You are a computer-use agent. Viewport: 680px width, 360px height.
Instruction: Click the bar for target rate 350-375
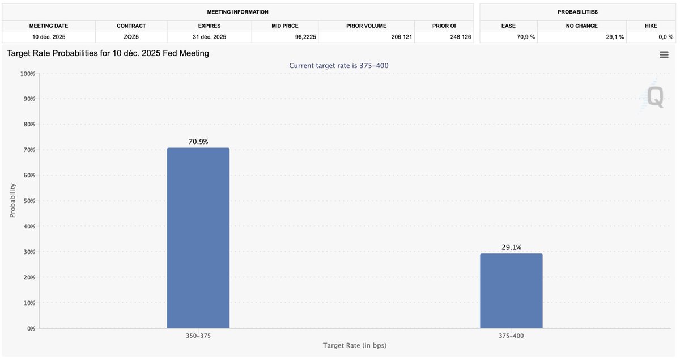coord(198,238)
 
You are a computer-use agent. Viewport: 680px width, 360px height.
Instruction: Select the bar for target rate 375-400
coord(511,291)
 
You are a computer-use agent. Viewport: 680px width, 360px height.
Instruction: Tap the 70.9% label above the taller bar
coord(198,142)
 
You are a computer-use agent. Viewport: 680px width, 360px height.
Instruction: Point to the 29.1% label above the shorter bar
coord(511,247)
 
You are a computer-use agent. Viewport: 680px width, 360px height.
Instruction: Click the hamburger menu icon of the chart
coord(664,54)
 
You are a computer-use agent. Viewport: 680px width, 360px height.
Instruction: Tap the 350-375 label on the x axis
coord(198,336)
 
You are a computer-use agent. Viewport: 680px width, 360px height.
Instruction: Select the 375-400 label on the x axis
coord(511,336)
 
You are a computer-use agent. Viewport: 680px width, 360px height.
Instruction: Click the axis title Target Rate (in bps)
coord(355,345)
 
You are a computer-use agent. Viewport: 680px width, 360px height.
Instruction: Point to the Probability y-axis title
coord(12,201)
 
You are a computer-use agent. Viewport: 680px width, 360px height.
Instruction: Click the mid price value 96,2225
coord(285,37)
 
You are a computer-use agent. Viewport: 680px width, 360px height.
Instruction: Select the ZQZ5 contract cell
coord(131,37)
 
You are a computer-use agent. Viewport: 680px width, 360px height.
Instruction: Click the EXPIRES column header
coord(209,26)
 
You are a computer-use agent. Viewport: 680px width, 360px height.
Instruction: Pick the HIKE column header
coord(651,26)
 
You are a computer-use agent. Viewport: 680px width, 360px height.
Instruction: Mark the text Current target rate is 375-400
coord(339,66)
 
